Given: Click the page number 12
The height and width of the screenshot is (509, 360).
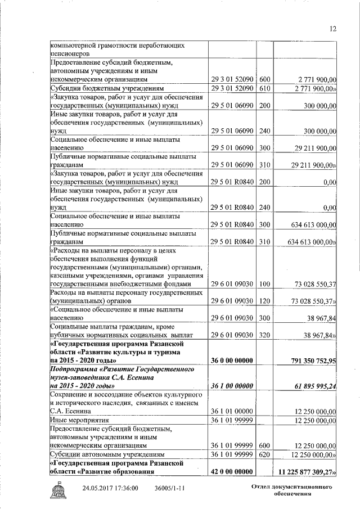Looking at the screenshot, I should (x=332, y=29).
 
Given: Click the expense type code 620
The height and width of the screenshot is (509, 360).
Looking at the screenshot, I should (x=265, y=454).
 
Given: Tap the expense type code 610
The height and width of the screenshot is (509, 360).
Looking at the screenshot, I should (x=265, y=88).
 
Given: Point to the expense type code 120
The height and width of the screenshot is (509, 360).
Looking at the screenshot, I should (x=265, y=301).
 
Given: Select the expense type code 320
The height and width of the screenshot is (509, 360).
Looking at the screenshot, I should (x=265, y=335).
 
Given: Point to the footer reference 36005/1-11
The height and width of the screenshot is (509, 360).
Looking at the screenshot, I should (x=170, y=488).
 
